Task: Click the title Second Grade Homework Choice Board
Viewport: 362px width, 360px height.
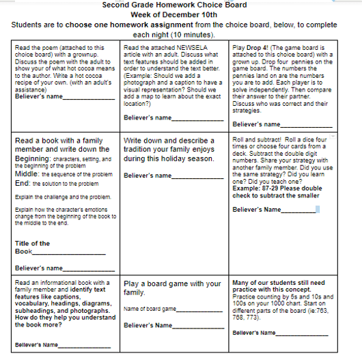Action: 180,5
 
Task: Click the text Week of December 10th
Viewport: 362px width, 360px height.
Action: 180,14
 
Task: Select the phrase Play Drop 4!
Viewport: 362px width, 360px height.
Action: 250,48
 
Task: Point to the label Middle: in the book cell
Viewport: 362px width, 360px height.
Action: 27,174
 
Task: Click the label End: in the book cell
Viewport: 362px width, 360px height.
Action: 23,183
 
